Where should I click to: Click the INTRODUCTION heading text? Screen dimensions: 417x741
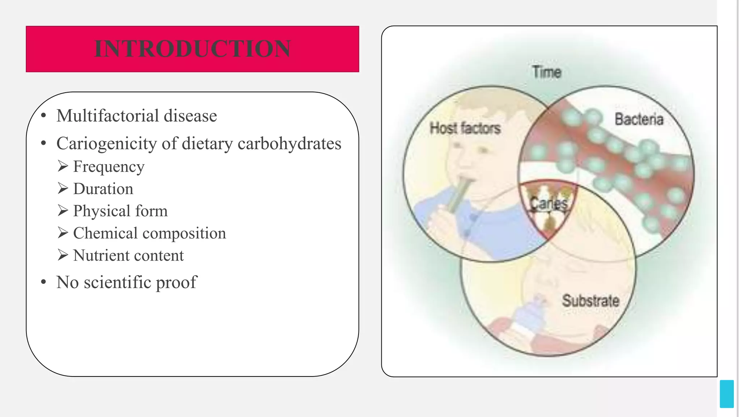pos(192,49)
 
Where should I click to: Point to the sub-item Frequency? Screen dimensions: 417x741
pos(109,167)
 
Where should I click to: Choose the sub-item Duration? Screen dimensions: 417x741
pos(103,189)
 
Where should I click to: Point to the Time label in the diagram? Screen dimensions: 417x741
pos(546,72)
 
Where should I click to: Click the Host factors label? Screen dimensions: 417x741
pos(465,128)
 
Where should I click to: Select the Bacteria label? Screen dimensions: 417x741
pos(639,119)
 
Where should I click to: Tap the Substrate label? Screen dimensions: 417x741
pos(590,301)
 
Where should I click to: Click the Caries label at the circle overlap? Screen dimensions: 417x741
pos(549,204)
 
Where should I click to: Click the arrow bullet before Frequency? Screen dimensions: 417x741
pos(63,167)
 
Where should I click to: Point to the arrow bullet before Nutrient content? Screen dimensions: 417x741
pos(63,255)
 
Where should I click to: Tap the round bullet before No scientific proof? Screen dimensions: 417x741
pos(44,282)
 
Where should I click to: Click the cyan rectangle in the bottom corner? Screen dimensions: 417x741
pos(727,394)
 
